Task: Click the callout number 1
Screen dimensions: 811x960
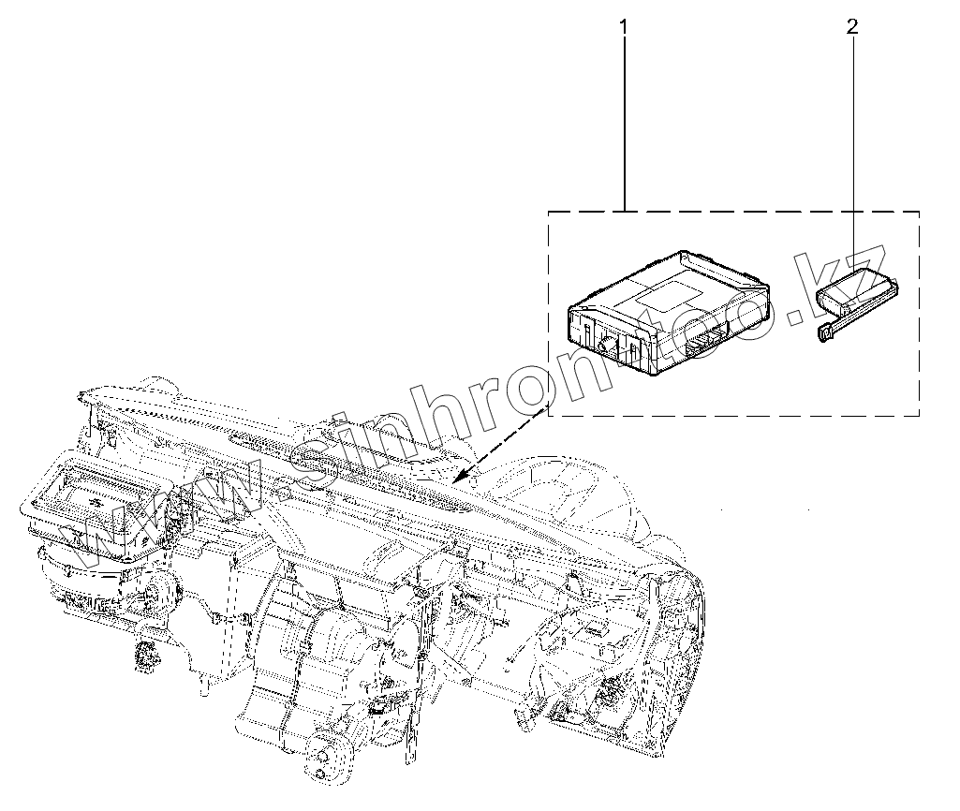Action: click(624, 27)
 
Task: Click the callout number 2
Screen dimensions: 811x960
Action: click(851, 27)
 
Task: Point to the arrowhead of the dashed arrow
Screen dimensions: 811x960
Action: click(456, 479)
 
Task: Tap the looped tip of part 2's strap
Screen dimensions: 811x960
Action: click(825, 334)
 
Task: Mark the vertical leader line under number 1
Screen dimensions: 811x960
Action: click(624, 122)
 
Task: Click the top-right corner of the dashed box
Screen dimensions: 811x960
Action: click(918, 212)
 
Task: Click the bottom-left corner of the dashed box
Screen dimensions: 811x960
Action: click(548, 415)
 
